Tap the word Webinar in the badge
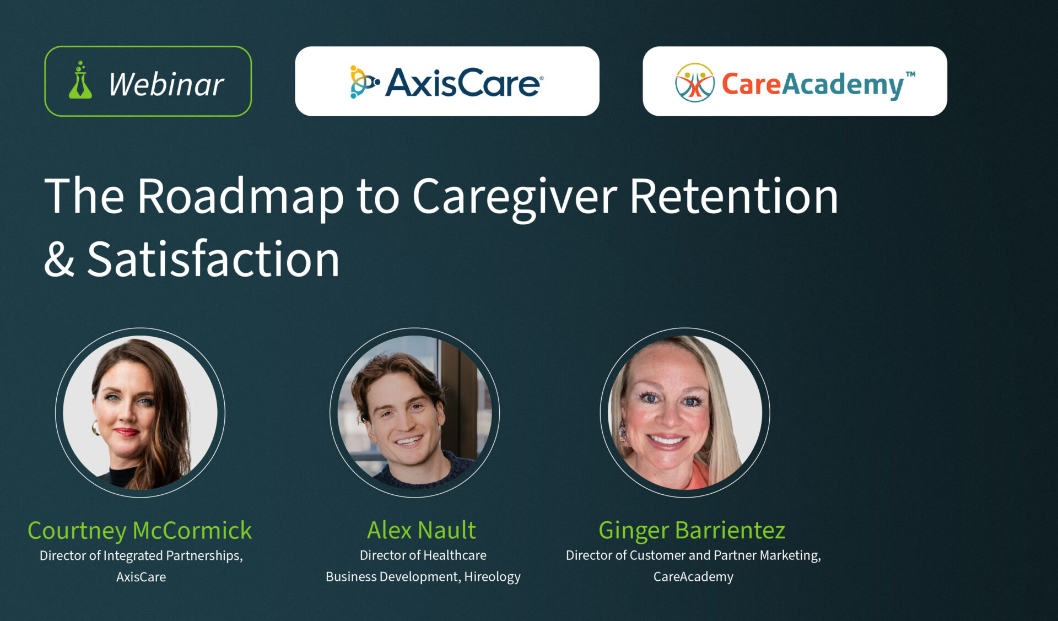tap(166, 84)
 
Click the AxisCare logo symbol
tap(364, 82)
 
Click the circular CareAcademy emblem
tap(695, 83)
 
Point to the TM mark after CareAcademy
tap(910, 74)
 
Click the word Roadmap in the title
tap(241, 197)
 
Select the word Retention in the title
tap(734, 196)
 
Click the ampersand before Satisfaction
tap(59, 259)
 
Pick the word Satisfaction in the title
tap(213, 258)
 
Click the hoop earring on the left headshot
tap(95, 428)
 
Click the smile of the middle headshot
tap(409, 441)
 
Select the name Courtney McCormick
tap(140, 531)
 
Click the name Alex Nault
tap(422, 530)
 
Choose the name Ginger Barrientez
tap(692, 530)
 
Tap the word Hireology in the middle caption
tap(492, 577)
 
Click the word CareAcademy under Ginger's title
tap(693, 577)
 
